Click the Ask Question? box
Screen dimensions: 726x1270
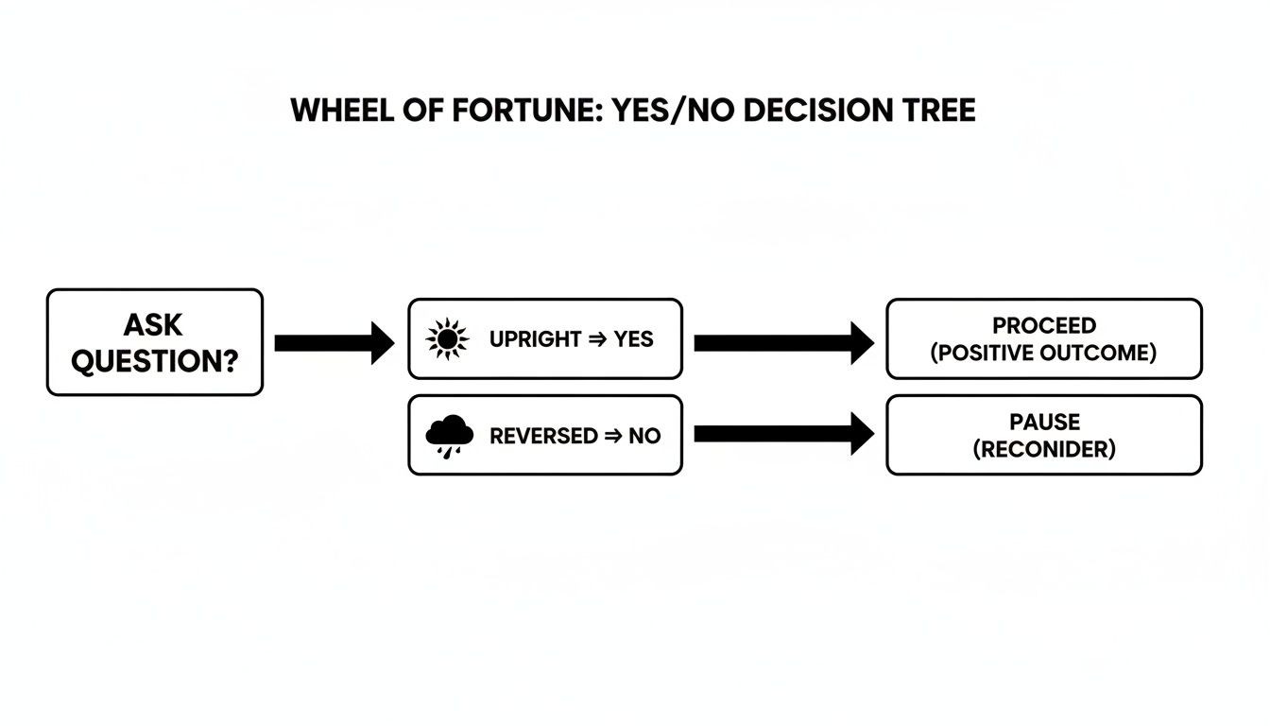pyautogui.click(x=154, y=341)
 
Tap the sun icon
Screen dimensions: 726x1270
pyautogui.click(x=447, y=339)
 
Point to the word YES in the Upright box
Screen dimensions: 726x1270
pyautogui.click(x=633, y=339)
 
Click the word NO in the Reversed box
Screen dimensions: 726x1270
pyautogui.click(x=644, y=436)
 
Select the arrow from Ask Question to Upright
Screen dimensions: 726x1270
pyautogui.click(x=334, y=342)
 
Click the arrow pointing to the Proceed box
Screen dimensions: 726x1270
pyautogui.click(x=783, y=342)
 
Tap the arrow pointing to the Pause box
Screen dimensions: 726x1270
pyautogui.click(x=783, y=434)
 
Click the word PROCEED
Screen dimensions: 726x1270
pyautogui.click(x=1043, y=326)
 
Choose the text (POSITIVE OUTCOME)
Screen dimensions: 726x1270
pyautogui.click(x=1043, y=354)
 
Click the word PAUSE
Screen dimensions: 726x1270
pyautogui.click(x=1043, y=422)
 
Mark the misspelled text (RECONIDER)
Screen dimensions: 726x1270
pyautogui.click(x=1043, y=449)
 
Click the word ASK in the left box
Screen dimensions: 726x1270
pyautogui.click(x=153, y=325)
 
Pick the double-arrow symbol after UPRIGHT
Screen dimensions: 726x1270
pyautogui.click(x=596, y=339)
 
